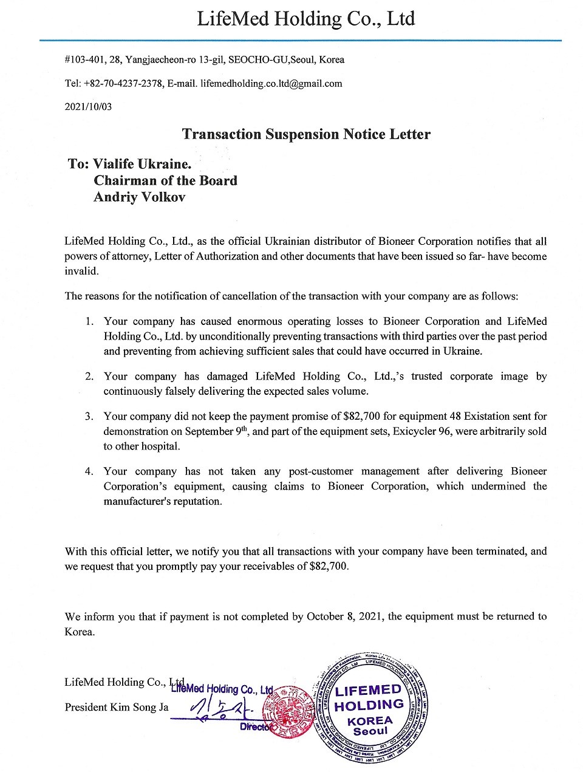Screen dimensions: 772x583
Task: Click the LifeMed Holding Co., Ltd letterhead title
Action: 305,19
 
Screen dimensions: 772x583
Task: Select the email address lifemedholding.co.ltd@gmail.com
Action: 271,83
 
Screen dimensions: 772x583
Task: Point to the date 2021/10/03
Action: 88,106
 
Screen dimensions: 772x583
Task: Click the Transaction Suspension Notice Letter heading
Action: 306,134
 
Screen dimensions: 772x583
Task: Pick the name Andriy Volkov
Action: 139,197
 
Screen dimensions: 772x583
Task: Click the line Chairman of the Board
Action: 165,180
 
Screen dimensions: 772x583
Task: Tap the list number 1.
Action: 89,321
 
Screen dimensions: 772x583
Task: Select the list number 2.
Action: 89,377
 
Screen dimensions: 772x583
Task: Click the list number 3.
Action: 89,417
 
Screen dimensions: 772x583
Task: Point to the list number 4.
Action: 89,471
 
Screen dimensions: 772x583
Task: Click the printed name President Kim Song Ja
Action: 116,707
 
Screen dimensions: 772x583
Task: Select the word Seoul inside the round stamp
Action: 370,731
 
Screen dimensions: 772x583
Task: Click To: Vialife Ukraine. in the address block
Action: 130,164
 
